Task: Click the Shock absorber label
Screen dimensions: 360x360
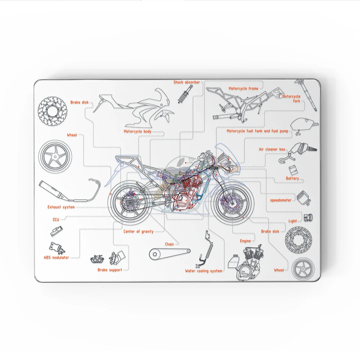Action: coord(186,82)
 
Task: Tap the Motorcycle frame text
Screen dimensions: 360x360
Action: coord(243,89)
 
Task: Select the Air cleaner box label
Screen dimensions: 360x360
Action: coord(272,149)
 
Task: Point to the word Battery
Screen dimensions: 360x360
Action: coord(292,178)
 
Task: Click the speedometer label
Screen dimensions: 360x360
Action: coord(281,200)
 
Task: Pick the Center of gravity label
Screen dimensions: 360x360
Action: coord(138,231)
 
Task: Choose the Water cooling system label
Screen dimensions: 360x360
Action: coord(203,271)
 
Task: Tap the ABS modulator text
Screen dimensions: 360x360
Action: coord(56,258)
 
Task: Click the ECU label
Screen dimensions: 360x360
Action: coord(56,219)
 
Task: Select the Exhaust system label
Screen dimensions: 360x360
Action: coord(61,207)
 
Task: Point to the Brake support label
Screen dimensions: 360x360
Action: coord(110,270)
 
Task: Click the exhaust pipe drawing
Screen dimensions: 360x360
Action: coord(68,191)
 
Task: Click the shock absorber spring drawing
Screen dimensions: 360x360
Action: coord(184,94)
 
